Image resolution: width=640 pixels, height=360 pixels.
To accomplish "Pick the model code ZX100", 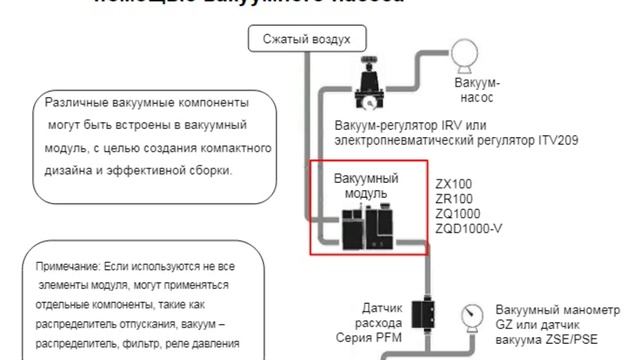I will (454, 184).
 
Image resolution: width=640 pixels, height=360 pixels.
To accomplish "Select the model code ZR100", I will (454, 199).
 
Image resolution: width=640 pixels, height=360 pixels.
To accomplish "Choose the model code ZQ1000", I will (458, 213).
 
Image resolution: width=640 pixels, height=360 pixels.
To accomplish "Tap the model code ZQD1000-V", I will (468, 228).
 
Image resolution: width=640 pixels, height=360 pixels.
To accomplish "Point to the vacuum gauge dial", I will (471, 314).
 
